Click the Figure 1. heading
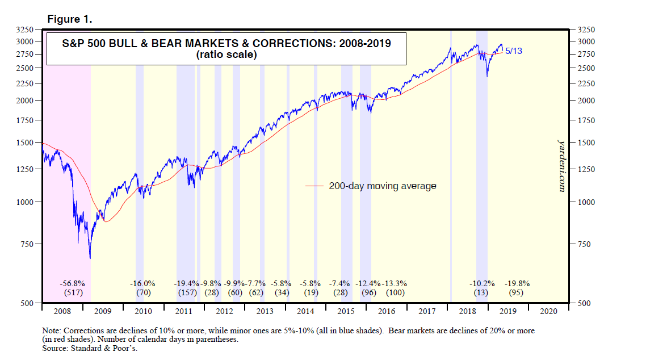tap(70, 19)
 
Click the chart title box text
tap(225, 49)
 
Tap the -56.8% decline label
tap(72, 283)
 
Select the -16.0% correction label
tap(142, 283)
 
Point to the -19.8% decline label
tap(516, 283)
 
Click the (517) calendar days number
tap(72, 293)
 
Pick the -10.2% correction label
tap(482, 283)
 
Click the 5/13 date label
tap(514, 51)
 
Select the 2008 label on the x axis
tap(62, 311)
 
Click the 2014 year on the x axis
tap(305, 311)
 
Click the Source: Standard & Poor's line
tap(90, 348)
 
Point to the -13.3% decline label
tap(394, 283)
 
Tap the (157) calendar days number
tap(186, 293)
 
